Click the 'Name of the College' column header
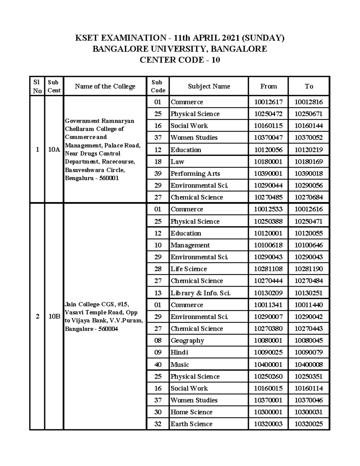[x=105, y=86]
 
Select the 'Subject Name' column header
[x=209, y=86]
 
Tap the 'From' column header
[x=268, y=86]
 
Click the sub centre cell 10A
[x=54, y=149]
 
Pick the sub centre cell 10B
[x=54, y=317]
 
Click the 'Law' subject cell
[x=178, y=162]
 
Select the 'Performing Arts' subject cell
[x=195, y=174]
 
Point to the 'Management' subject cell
[x=190, y=245]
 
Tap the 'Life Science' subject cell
[x=189, y=269]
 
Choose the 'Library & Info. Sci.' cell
[x=200, y=293]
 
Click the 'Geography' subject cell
[x=187, y=341]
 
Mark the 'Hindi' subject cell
[x=179, y=352]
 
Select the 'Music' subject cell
[x=180, y=365]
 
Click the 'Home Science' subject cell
[x=191, y=412]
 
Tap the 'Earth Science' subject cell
[x=191, y=424]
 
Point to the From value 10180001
[x=268, y=162]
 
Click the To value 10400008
[x=308, y=365]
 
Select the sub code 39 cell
[x=158, y=174]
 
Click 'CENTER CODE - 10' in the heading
[x=180, y=60]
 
